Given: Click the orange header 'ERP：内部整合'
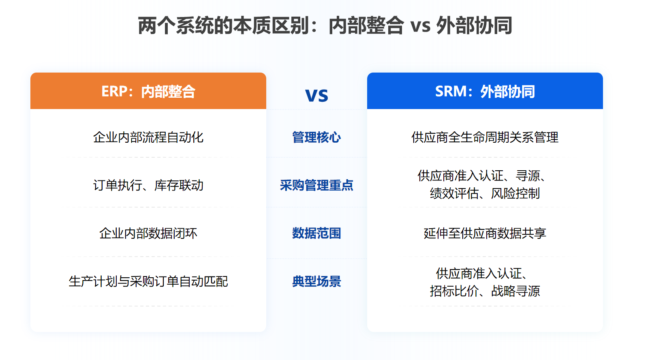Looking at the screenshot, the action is [148, 91].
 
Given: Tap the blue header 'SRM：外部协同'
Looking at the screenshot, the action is [485, 91].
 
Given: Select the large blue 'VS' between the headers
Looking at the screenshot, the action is [316, 95].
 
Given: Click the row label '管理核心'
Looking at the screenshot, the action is [316, 137].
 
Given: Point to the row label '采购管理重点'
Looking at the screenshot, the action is [316, 185].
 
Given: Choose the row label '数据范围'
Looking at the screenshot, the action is [316, 233].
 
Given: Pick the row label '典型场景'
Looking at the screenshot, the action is [316, 281].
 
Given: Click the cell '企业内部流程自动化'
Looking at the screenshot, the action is [148, 137].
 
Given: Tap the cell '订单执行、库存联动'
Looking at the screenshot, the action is [148, 185].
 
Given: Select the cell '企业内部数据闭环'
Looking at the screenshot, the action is [148, 233].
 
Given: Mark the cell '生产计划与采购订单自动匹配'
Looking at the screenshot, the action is [148, 281].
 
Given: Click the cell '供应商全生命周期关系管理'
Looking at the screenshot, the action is [485, 137].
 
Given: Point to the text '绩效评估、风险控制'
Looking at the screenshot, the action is [485, 193].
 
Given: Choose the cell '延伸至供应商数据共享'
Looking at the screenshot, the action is [485, 233].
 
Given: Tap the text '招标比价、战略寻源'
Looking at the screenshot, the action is [485, 291].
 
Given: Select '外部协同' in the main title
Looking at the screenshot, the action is [474, 26].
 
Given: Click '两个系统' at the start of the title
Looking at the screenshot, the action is [176, 26].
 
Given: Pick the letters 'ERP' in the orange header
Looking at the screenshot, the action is [115, 91].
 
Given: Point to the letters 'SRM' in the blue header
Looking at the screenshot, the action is [451, 91].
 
